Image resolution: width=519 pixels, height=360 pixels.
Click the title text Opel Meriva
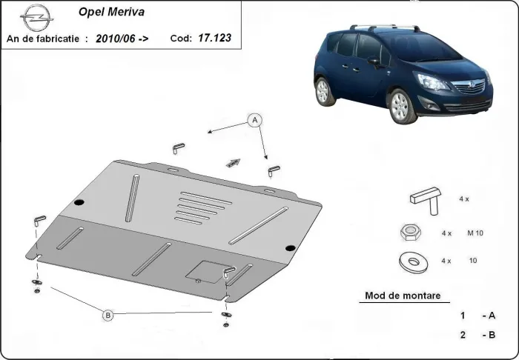click(106, 12)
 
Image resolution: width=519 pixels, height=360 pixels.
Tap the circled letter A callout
click(254, 120)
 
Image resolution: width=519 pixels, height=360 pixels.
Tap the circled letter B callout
click(108, 315)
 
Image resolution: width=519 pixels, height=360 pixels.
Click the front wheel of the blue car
click(401, 105)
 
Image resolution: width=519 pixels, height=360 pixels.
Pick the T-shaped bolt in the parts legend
click(424, 199)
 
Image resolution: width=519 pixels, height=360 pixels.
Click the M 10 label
click(475, 233)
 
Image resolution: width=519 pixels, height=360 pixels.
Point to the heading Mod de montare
click(402, 296)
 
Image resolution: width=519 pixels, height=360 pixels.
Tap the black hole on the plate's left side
click(79, 202)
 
